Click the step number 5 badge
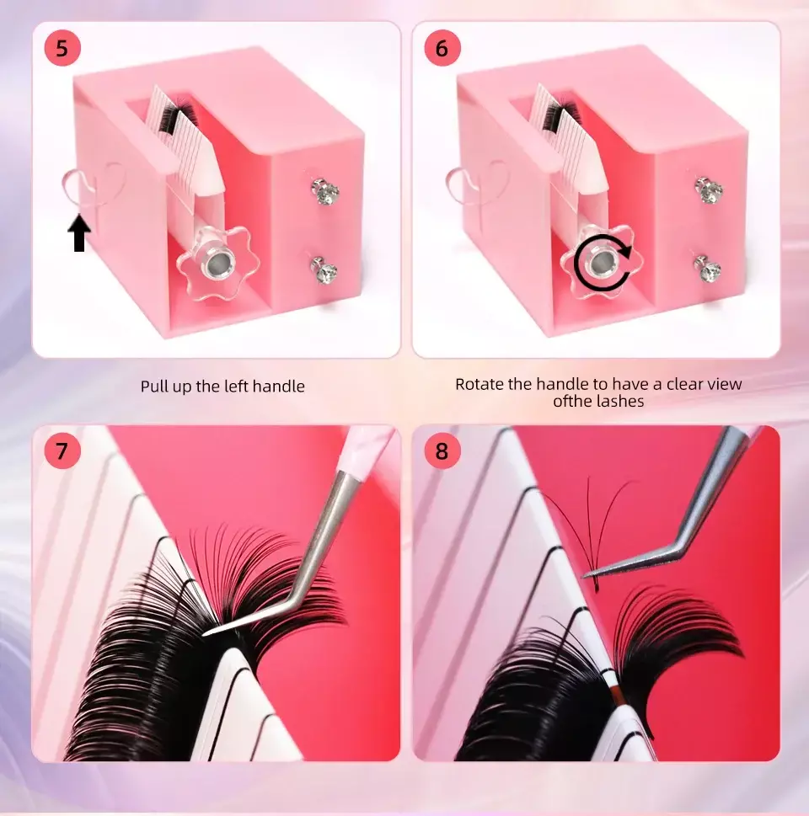pyautogui.click(x=62, y=48)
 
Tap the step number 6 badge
pyautogui.click(x=442, y=48)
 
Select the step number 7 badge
pyautogui.click(x=62, y=451)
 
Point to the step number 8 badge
pyautogui.click(x=442, y=451)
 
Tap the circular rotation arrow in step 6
pyautogui.click(x=602, y=262)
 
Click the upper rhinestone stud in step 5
pyautogui.click(x=325, y=190)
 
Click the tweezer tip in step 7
pyautogui.click(x=205, y=633)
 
